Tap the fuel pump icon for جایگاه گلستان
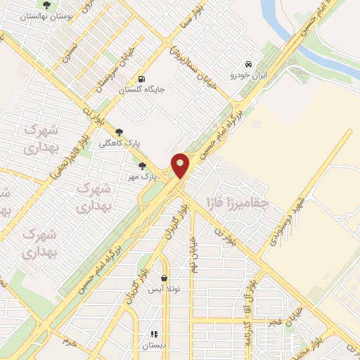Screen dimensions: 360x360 (143, 79)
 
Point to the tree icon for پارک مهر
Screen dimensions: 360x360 (143, 166)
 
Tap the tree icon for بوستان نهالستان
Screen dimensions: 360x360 (46, 5)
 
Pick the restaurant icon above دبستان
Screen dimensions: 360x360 (153, 334)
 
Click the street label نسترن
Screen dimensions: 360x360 (69, 51)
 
